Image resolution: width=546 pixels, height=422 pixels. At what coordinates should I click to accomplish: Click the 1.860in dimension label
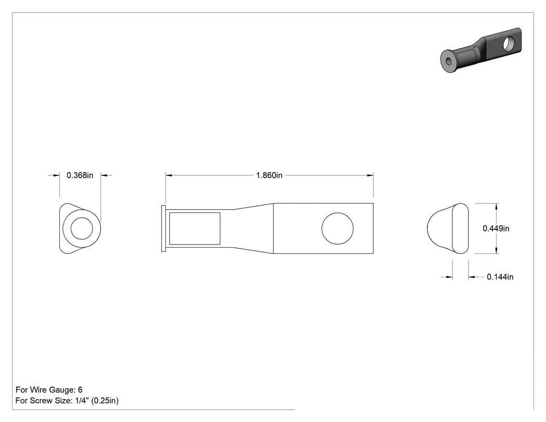point(269,175)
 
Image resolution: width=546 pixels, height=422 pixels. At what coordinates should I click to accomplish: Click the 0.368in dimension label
point(80,175)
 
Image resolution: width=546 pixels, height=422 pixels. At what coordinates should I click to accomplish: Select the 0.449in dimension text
point(496,228)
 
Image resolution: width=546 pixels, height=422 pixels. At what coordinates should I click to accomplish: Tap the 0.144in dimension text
point(500,277)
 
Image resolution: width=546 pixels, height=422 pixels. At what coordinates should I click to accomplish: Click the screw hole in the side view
point(337,228)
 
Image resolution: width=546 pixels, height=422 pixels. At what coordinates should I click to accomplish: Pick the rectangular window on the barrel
point(194,228)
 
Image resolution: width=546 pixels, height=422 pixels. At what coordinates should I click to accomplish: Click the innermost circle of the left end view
point(82,228)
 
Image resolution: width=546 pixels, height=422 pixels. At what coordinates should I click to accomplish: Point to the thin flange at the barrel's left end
point(164,228)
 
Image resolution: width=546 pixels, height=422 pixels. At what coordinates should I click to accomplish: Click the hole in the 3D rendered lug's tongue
point(510,43)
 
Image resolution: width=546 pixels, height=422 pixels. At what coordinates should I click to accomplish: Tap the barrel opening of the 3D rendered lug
point(448,61)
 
